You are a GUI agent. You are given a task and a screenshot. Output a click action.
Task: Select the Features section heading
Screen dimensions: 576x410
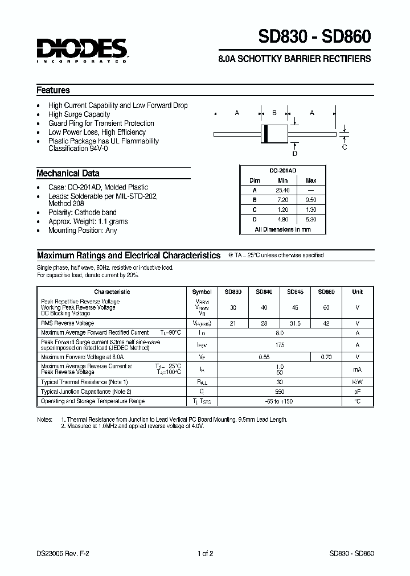[x=53, y=90]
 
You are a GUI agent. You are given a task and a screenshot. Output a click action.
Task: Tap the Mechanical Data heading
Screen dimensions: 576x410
[x=68, y=174]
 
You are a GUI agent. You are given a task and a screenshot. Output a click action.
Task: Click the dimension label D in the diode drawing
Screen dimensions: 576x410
[x=294, y=154]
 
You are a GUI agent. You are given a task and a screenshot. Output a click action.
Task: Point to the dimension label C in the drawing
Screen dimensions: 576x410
[x=344, y=147]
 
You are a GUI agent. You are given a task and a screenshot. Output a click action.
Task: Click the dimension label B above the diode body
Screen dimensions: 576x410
[x=274, y=113]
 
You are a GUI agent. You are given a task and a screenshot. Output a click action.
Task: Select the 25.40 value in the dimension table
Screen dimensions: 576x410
[x=282, y=190]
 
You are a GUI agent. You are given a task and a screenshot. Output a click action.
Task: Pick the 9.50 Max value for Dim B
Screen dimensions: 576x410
[x=311, y=200]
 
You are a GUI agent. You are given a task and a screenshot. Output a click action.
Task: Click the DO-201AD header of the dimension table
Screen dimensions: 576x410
[x=282, y=171]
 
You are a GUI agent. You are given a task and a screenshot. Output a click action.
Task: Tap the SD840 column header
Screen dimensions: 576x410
[x=264, y=292]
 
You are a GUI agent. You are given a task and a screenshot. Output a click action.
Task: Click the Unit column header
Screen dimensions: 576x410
[x=357, y=292]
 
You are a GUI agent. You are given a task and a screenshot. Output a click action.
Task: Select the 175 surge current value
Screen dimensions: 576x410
[x=279, y=345]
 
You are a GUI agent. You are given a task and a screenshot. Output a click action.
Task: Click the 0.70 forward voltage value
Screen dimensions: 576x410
[x=326, y=357]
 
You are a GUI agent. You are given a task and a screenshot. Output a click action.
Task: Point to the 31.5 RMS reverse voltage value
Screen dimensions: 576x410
[x=295, y=323]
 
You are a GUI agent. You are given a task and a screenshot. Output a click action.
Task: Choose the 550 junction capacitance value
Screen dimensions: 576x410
[x=279, y=392]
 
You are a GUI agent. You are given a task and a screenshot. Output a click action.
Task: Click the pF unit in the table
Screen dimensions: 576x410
[x=357, y=392]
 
